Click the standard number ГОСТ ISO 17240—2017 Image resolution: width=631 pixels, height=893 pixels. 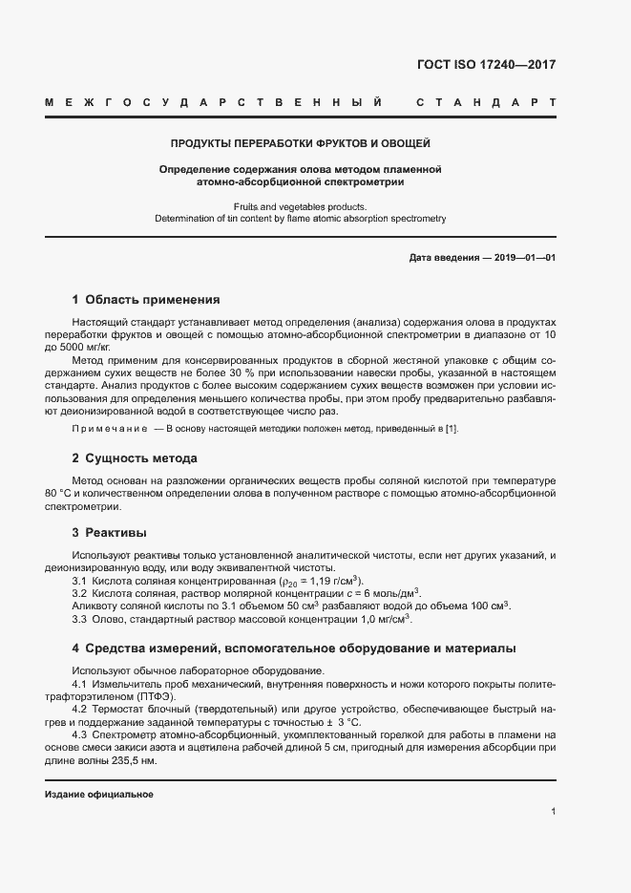coord(486,66)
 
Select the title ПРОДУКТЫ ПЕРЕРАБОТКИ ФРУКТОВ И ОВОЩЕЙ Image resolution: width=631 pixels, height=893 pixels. coord(300,144)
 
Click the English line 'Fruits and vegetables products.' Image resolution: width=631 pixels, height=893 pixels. coord(300,206)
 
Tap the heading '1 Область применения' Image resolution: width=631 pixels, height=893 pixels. coord(146,299)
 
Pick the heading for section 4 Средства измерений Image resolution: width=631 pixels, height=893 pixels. coord(294,648)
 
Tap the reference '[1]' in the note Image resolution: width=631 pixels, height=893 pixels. coord(452,429)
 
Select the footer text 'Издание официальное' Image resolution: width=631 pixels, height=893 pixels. coord(98,795)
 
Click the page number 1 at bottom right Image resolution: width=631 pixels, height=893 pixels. coord(553,812)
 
